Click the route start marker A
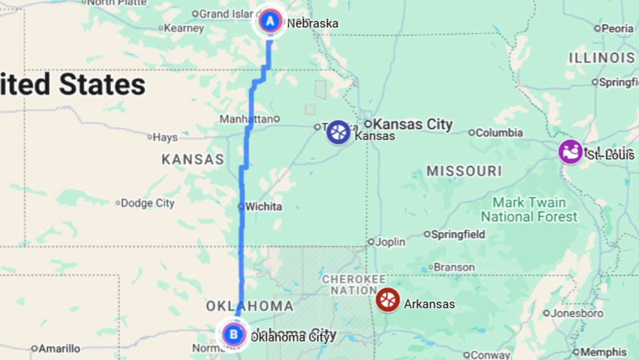[x=270, y=22]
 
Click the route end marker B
[x=234, y=335]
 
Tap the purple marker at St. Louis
[x=570, y=152]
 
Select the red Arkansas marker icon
[x=388, y=300]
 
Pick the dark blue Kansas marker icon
[x=338, y=132]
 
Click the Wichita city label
[x=263, y=207]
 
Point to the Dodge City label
[x=148, y=203]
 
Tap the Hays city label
[x=164, y=137]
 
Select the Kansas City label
[x=412, y=124]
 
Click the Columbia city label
[x=499, y=133]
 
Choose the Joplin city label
[x=390, y=242]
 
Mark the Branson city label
[x=454, y=267]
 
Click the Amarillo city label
[x=59, y=349]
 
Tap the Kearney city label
[x=183, y=28]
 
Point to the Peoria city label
[x=618, y=28]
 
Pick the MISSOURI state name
[x=464, y=172]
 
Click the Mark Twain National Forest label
[x=529, y=210]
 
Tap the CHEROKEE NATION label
[x=354, y=285]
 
